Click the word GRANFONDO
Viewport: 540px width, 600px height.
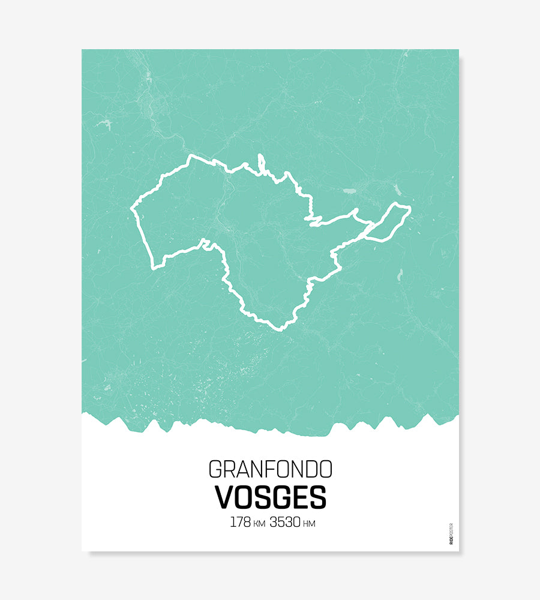(270, 469)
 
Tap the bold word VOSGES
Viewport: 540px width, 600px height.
(270, 497)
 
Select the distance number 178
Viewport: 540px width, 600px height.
(240, 522)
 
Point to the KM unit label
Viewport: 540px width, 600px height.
(259, 524)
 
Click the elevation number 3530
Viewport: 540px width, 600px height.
(286, 522)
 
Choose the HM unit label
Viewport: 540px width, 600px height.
(310, 524)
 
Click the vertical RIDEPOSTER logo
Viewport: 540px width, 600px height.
(451, 534)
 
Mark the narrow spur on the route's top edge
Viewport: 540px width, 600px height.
(261, 161)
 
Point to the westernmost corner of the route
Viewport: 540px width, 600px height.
(132, 209)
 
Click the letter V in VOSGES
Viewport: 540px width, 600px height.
(223, 497)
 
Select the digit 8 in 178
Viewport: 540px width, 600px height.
(247, 522)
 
